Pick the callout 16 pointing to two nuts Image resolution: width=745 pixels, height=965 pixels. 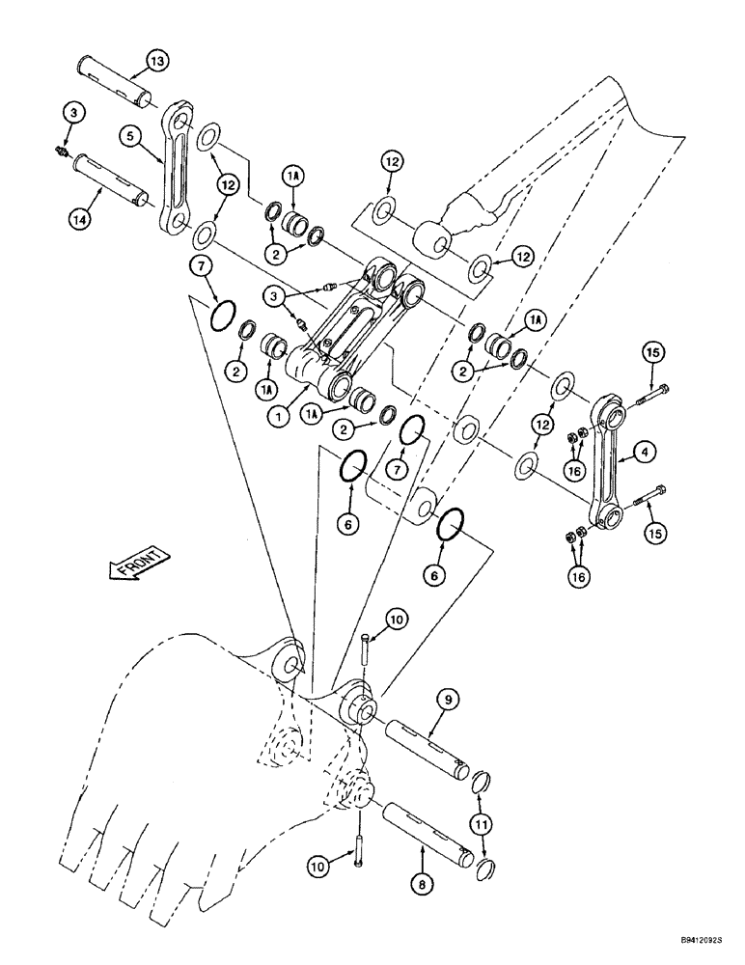click(577, 578)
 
